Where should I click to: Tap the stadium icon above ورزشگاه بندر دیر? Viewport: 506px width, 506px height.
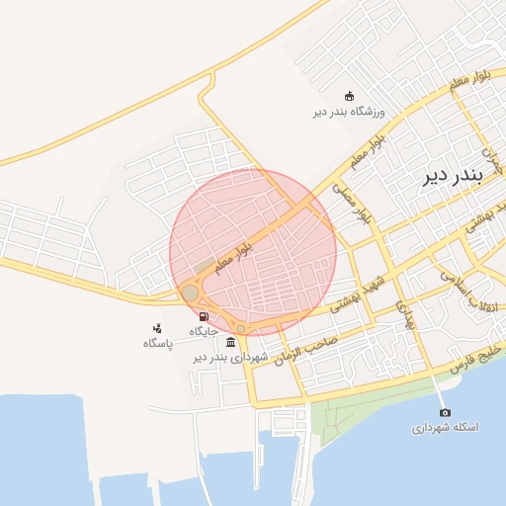pyautogui.click(x=349, y=96)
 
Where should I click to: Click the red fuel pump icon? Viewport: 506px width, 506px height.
pyautogui.click(x=205, y=316)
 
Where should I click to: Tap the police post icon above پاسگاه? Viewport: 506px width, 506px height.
pyautogui.click(x=157, y=328)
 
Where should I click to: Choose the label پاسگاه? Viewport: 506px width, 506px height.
pyautogui.click(x=157, y=343)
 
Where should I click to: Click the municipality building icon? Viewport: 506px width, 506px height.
pyautogui.click(x=230, y=342)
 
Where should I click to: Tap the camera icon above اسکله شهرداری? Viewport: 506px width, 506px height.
pyautogui.click(x=445, y=412)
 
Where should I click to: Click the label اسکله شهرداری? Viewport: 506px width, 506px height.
pyautogui.click(x=445, y=428)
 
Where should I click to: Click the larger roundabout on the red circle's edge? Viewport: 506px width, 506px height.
pyautogui.click(x=190, y=293)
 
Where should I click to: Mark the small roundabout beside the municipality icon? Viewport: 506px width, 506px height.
pyautogui.click(x=240, y=329)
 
